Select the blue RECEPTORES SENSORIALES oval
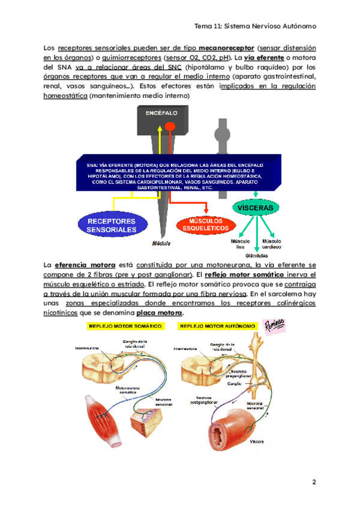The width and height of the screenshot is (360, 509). tap(110, 225)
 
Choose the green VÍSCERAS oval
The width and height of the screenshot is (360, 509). tap(256, 208)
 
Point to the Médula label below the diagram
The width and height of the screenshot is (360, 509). tap(160, 244)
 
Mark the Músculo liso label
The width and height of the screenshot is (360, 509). tap(241, 244)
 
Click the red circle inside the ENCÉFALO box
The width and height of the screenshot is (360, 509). tap(170, 127)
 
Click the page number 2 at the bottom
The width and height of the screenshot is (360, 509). tap(313, 483)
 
